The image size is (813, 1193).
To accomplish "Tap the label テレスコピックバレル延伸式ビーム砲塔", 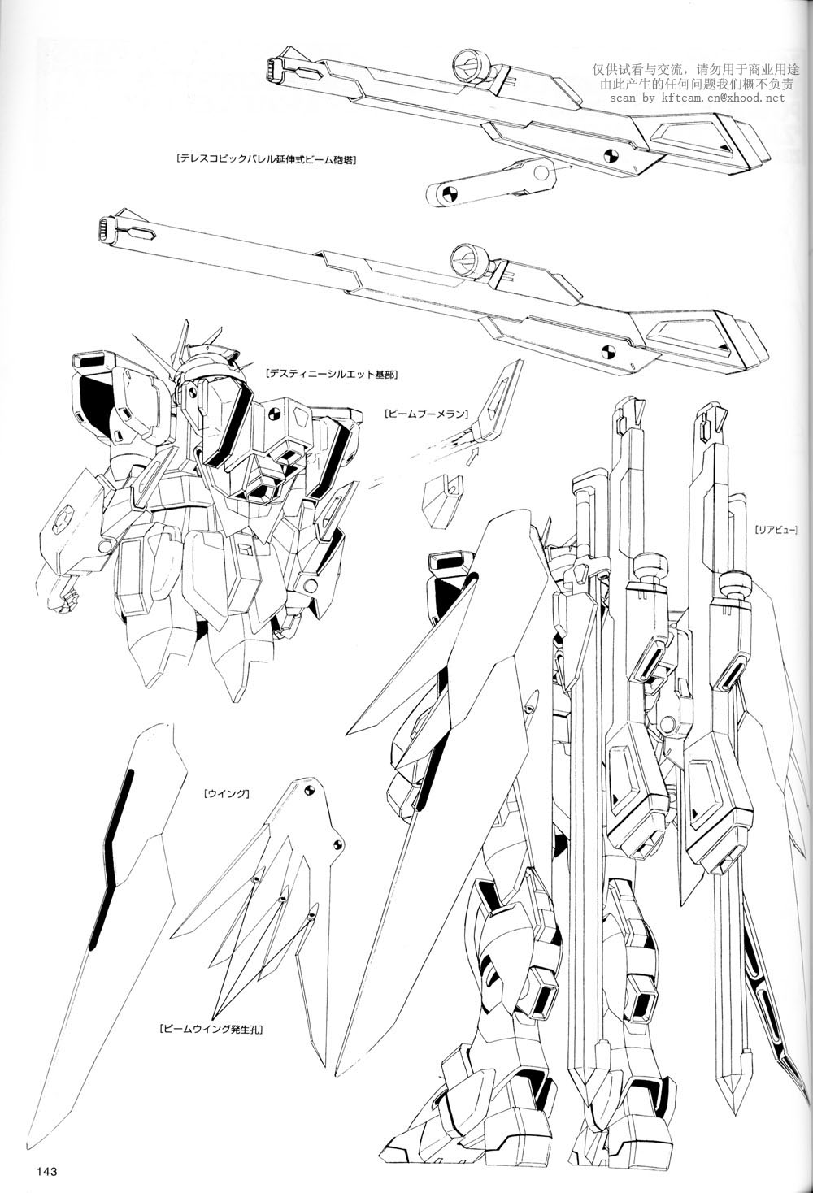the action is (265, 158).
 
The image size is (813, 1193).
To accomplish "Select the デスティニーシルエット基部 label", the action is (332, 375).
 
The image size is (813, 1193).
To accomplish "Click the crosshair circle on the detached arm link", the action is (447, 194).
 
